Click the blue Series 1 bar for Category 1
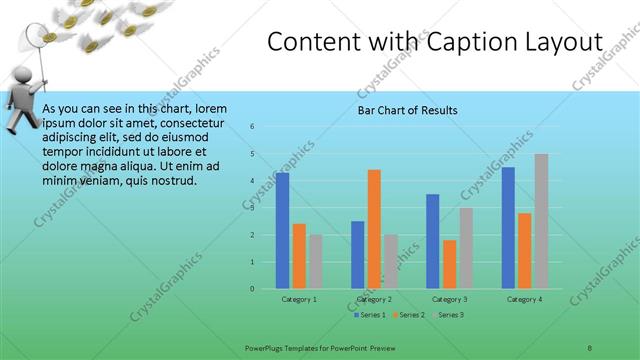click(283, 231)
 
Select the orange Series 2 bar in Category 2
click(374, 229)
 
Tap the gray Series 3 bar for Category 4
click(541, 221)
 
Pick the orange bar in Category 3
click(449, 264)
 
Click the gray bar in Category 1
click(315, 262)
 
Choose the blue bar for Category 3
click(433, 241)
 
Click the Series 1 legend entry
click(369, 315)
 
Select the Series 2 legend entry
click(409, 315)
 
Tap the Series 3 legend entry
click(449, 315)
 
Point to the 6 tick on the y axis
click(253, 127)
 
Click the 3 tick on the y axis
click(253, 208)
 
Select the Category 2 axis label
click(374, 299)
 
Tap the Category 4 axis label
click(524, 299)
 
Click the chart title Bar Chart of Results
click(408, 110)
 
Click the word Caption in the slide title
click(460, 43)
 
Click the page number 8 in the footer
click(589, 347)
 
